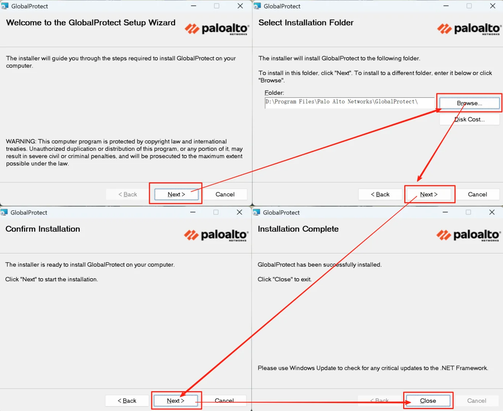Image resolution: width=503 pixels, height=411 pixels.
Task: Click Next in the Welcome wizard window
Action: tap(176, 194)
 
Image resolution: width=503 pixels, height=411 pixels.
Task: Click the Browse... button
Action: tap(469, 103)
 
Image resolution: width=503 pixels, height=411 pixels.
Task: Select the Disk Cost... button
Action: tap(469, 119)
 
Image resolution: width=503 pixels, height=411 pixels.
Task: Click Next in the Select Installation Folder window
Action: tap(429, 194)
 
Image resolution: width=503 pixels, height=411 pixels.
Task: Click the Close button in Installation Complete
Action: tap(428, 400)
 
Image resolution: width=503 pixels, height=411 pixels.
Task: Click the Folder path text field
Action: tap(349, 103)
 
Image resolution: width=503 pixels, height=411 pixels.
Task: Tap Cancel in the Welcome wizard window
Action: tap(225, 194)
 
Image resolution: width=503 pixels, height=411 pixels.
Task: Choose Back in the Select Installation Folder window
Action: tap(380, 194)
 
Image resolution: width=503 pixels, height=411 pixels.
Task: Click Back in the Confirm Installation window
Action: tap(127, 400)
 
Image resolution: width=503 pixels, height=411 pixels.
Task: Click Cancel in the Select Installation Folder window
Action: tap(477, 194)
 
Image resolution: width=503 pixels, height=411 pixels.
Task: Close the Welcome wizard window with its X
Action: tap(240, 6)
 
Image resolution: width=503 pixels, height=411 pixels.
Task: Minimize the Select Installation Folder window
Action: tap(446, 6)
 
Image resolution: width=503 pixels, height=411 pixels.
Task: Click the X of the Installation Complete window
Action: tap(492, 212)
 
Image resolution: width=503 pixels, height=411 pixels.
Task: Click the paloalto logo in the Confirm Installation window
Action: tap(216, 235)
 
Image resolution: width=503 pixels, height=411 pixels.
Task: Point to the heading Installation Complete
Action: tap(298, 229)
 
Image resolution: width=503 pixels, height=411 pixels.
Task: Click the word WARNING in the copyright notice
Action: tap(21, 141)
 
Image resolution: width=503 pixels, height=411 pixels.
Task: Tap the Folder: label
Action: tap(274, 93)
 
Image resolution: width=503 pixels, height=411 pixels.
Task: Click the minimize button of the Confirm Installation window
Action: tap(193, 212)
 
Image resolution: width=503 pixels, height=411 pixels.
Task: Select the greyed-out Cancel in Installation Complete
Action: tap(477, 400)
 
